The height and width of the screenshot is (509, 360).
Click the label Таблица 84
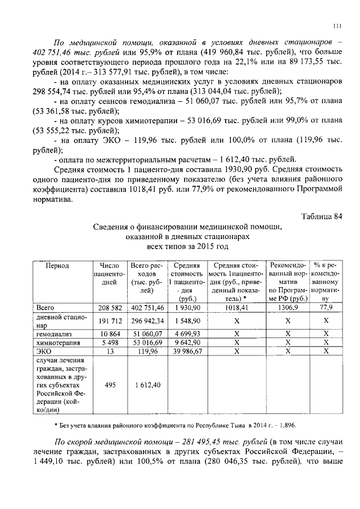(322, 216)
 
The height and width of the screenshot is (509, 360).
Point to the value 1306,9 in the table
(288, 308)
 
